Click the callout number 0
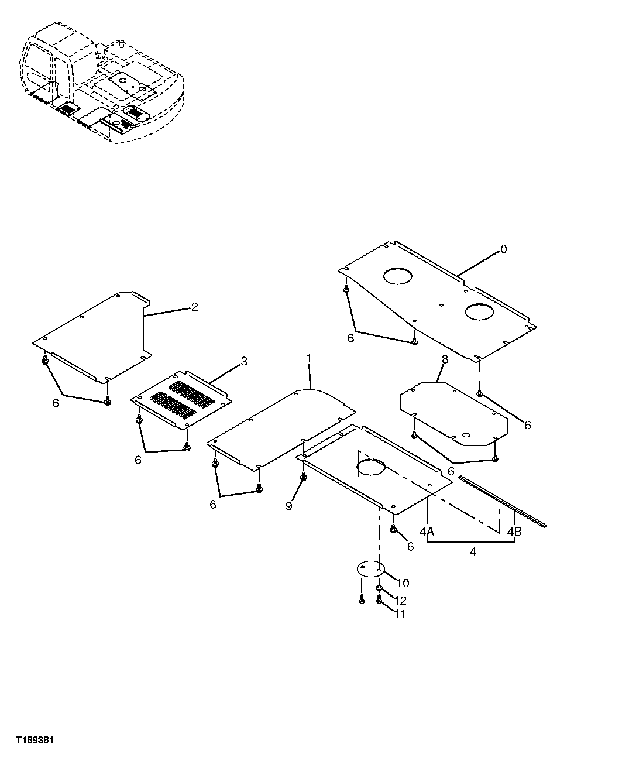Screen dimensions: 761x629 tap(504, 249)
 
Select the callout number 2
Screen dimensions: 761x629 tap(195, 306)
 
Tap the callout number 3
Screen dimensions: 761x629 tap(244, 361)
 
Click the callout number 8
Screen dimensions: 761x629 tap(445, 359)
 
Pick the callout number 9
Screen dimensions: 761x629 tap(288, 506)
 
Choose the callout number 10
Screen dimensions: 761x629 tap(403, 583)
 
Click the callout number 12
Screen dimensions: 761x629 tap(400, 601)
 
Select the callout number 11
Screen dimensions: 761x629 tap(400, 613)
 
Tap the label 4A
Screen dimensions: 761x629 tap(427, 532)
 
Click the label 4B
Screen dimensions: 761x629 tap(515, 532)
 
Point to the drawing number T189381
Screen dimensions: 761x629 tap(35, 741)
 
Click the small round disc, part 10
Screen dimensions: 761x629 tap(370, 570)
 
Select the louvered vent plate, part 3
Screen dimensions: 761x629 tap(181, 397)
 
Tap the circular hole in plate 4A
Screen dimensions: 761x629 tap(371, 467)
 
